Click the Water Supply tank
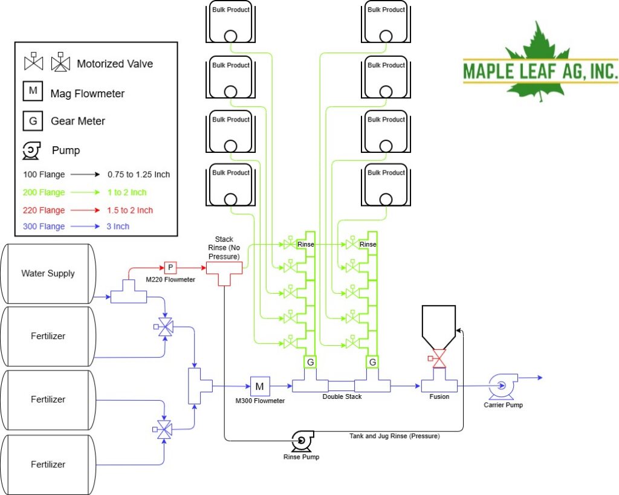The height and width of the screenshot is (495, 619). coord(48,274)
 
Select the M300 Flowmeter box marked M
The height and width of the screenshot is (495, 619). coord(260,386)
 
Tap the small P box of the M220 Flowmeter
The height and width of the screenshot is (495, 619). coord(170,268)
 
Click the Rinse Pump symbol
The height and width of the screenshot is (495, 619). coord(302,441)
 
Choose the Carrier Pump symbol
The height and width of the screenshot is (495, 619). coord(502,386)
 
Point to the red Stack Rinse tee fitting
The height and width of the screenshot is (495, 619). coord(224,273)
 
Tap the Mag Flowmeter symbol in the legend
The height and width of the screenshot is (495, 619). coord(33,91)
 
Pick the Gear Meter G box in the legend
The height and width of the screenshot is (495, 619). coord(33,121)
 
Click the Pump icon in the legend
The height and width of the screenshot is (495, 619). coord(31,150)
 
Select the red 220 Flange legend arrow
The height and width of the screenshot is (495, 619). coord(85,210)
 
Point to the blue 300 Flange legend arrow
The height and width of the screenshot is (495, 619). coord(85,227)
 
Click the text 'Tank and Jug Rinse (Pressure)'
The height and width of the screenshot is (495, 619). coord(394,436)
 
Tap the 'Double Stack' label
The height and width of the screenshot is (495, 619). coord(342,396)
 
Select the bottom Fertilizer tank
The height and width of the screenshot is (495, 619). coord(48,465)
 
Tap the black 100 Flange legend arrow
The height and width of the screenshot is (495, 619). coord(85,175)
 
